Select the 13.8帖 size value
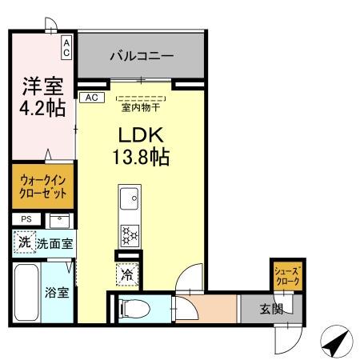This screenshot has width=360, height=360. (142, 156)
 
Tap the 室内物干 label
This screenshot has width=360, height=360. (141, 106)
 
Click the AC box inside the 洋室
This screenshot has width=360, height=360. (66, 47)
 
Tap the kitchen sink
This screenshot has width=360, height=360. (130, 196)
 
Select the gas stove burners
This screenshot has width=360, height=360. (130, 234)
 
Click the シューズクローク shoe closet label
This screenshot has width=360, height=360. (286, 276)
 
